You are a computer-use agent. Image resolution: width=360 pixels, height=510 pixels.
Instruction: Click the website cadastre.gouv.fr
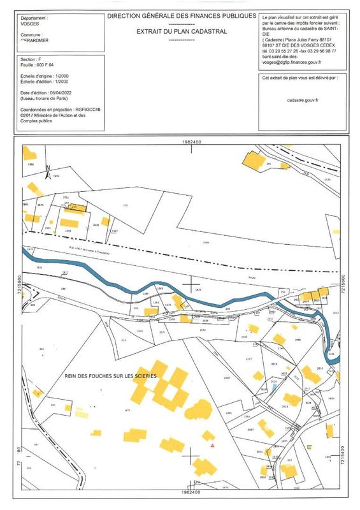click(x=302, y=100)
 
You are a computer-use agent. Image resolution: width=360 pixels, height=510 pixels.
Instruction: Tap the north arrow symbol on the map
click(x=47, y=171)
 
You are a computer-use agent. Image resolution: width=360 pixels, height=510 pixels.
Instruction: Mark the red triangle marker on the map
click(x=213, y=446)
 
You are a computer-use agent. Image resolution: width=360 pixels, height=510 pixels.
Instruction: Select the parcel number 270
click(x=126, y=205)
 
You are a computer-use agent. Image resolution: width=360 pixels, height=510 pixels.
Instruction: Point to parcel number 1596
click(x=205, y=243)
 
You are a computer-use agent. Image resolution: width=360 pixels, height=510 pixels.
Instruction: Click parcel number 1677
click(x=127, y=411)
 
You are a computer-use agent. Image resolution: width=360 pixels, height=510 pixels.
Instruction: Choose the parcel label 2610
click(x=320, y=369)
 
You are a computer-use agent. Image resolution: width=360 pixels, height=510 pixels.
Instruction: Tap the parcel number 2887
click(x=250, y=430)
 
